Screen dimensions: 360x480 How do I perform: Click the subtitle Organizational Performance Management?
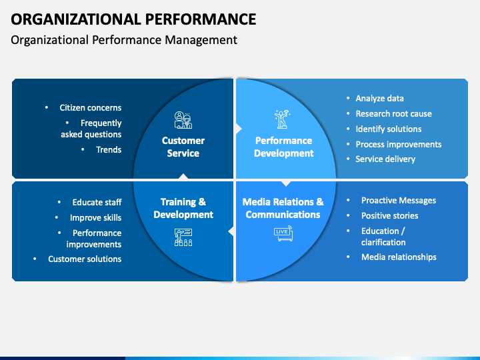(124, 40)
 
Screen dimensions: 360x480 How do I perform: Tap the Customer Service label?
(183, 147)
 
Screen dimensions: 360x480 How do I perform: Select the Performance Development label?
(284, 147)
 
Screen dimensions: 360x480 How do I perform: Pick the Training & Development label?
(183, 208)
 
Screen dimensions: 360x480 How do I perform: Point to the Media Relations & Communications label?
(283, 208)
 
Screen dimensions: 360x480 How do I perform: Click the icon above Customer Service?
(183, 120)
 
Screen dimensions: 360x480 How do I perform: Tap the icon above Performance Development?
(283, 119)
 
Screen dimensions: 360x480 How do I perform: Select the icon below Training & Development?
(183, 237)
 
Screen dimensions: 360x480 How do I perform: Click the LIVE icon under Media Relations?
(283, 233)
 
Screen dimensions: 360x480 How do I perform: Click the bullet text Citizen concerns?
(90, 107)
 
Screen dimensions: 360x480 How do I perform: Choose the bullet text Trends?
(109, 149)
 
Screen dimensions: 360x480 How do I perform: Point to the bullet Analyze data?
(379, 98)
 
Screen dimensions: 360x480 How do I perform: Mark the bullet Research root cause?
(393, 113)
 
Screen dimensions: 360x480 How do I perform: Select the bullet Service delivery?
(385, 159)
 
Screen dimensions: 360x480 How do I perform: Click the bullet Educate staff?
(97, 202)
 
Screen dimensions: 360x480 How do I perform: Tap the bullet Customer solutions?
(85, 259)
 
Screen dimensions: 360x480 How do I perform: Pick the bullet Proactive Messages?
(399, 200)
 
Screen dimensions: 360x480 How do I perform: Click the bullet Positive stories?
(390, 215)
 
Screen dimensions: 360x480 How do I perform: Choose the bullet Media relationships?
(399, 257)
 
